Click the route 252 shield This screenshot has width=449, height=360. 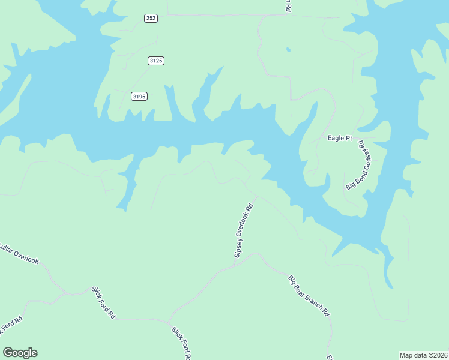click(151, 18)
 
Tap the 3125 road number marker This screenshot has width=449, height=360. click(156, 61)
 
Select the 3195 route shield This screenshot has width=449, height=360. click(139, 96)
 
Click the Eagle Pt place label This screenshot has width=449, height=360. click(340, 138)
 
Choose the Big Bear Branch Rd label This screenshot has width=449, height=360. click(309, 296)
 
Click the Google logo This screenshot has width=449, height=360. click(20, 353)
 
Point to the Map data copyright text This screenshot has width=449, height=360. click(423, 355)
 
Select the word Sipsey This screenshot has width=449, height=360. click(238, 248)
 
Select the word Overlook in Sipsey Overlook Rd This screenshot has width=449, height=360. click(244, 229)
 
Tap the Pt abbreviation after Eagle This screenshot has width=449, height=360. click(348, 138)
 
